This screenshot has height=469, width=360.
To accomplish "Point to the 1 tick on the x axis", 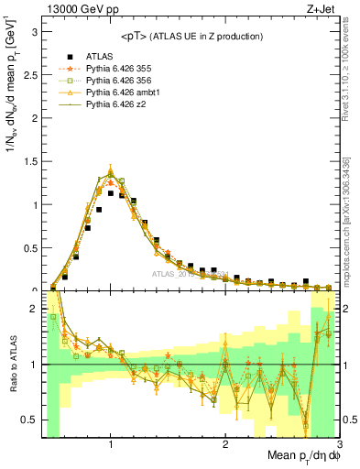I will (111, 444).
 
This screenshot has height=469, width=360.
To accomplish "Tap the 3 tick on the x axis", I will (338, 444).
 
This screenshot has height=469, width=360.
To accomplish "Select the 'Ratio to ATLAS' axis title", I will (11, 365).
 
